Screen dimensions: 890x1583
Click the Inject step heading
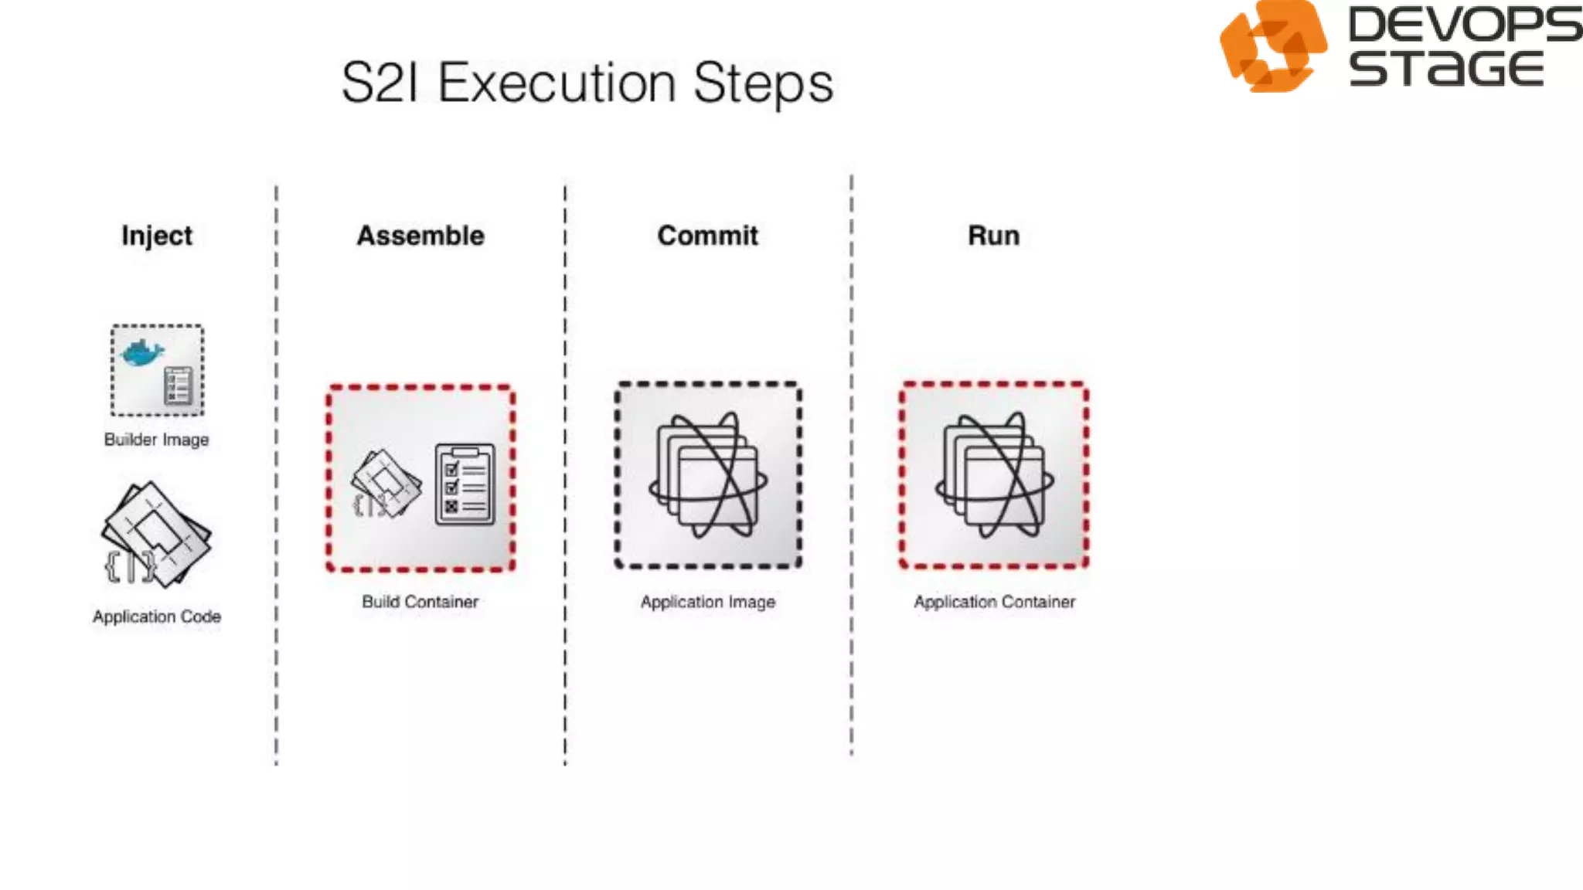(157, 236)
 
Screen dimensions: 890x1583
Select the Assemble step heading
(420, 236)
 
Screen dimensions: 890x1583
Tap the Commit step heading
(707, 236)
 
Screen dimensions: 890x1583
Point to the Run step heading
(993, 236)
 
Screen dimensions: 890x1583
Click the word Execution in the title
(557, 83)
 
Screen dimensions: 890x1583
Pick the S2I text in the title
(380, 83)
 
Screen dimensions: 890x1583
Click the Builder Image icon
(158, 371)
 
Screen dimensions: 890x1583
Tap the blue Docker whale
(142, 352)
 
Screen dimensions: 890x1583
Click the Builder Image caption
(157, 440)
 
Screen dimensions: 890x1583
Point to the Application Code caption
(157, 617)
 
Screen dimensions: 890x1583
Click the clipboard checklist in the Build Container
(465, 485)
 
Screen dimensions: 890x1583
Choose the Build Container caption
(420, 602)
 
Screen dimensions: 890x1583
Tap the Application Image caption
(707, 602)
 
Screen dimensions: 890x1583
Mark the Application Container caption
(994, 602)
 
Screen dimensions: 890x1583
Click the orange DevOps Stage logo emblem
(1272, 46)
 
